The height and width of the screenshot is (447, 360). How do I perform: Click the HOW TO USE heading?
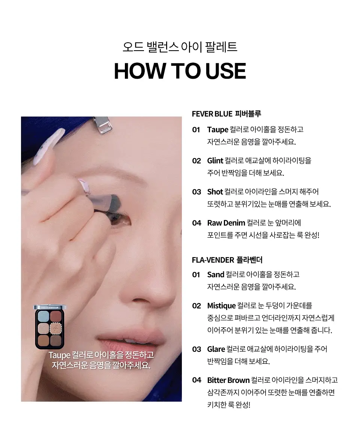click(x=180, y=71)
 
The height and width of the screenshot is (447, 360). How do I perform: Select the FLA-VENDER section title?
click(x=227, y=260)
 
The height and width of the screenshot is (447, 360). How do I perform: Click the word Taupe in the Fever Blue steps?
click(x=217, y=130)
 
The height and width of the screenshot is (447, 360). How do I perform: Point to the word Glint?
click(x=215, y=161)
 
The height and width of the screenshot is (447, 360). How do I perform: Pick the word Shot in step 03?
click(x=215, y=192)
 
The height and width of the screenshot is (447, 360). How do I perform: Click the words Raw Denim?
click(x=226, y=223)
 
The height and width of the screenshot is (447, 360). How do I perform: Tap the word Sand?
click(x=216, y=275)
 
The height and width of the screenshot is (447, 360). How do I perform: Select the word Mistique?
click(x=221, y=306)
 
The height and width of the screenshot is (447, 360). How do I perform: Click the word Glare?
click(x=216, y=349)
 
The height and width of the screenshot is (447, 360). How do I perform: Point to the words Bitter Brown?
click(x=228, y=380)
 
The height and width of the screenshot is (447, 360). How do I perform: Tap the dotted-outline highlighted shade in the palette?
click(x=56, y=329)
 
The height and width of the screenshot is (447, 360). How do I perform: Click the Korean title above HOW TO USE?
click(x=180, y=47)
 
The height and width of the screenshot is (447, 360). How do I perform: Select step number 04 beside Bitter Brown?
click(x=196, y=380)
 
